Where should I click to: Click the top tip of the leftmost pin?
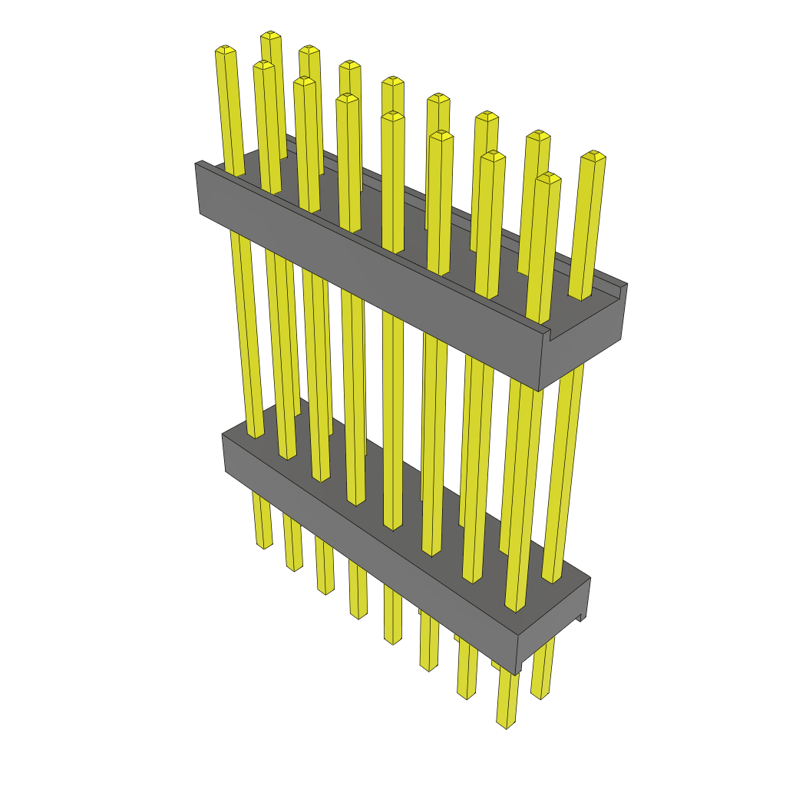click(x=224, y=51)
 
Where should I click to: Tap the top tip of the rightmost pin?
click(x=593, y=157)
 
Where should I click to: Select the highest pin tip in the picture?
click(x=270, y=36)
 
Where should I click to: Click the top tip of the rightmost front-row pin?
click(x=548, y=178)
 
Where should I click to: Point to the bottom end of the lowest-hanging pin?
click(x=505, y=724)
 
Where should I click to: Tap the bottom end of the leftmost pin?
click(x=263, y=545)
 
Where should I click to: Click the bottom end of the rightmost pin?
click(x=540, y=695)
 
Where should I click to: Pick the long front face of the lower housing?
click(x=368, y=537)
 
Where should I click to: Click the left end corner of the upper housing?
click(x=198, y=165)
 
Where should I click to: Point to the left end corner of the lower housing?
click(x=223, y=437)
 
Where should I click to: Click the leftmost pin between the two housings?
click(x=246, y=330)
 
